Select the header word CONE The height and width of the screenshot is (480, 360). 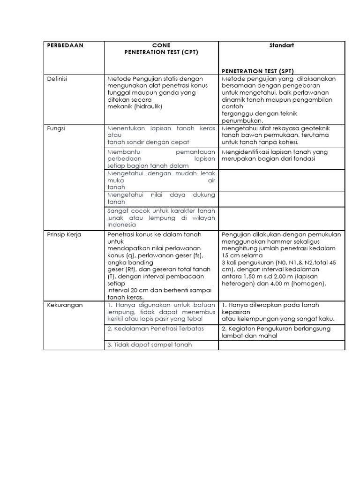pos(161,45)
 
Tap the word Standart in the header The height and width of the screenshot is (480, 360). pos(281,45)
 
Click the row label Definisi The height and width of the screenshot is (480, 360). pos(57,79)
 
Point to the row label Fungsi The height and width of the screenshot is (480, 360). pos(56,128)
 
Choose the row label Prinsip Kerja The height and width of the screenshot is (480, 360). pos(64,234)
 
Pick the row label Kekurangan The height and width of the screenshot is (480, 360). pos(65,305)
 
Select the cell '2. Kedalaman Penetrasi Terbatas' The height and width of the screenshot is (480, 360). pos(156,329)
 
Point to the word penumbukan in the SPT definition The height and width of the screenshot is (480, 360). pos(240,120)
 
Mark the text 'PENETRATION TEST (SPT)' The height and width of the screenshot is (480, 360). pos(258,71)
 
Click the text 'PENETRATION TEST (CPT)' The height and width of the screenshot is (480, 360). pos(161,52)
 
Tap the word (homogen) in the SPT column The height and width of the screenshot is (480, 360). pos(310,284)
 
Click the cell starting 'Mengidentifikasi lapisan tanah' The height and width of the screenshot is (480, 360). pos(281,155)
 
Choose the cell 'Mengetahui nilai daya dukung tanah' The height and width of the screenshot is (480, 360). pos(161,198)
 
